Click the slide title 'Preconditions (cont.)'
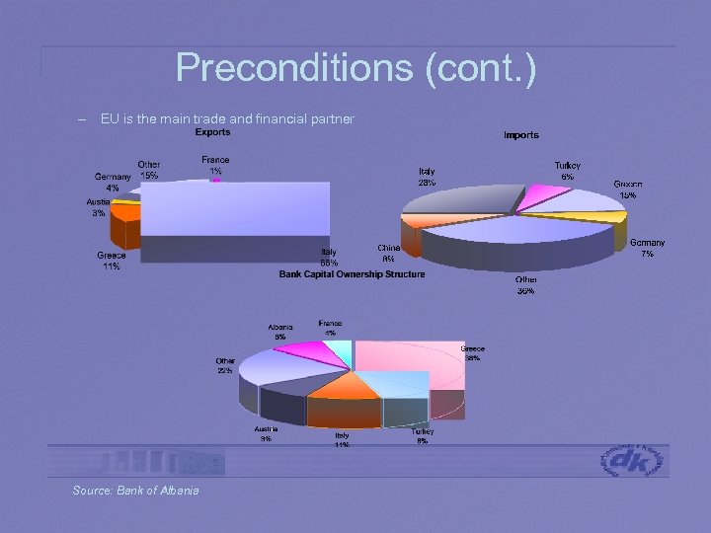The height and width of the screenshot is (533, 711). [355, 68]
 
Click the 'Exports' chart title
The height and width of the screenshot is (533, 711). [212, 132]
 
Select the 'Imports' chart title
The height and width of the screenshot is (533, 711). [521, 134]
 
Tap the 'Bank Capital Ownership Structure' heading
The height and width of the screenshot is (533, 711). [352, 273]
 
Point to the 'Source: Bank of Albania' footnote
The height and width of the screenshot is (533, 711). [135, 491]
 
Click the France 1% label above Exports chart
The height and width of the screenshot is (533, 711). [215, 165]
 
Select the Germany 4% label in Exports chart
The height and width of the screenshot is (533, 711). [114, 182]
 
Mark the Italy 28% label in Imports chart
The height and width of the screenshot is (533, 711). [427, 177]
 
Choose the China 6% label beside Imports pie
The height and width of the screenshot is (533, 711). [388, 253]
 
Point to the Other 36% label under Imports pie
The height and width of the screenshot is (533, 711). [526, 285]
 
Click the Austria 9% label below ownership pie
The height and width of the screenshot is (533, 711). [266, 434]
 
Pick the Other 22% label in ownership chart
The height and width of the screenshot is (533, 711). [225, 366]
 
